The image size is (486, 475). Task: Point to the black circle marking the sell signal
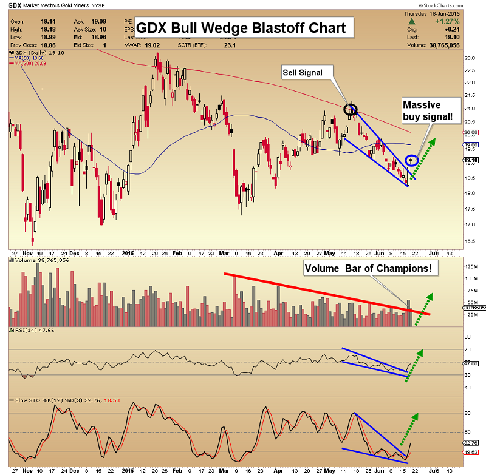click(x=350, y=110)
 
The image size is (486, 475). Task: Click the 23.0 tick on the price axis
click(x=469, y=58)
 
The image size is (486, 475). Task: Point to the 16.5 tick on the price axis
click(x=469, y=241)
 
